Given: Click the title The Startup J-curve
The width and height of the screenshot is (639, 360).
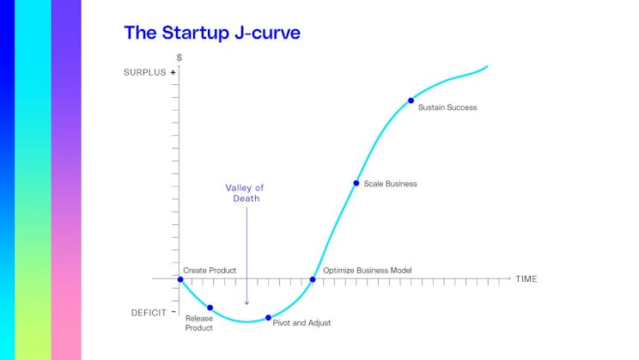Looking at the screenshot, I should click(x=211, y=34).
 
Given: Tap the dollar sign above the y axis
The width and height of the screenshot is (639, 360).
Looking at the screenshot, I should click(x=179, y=58).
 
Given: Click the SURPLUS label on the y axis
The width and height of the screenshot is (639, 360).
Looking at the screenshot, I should click(x=144, y=73).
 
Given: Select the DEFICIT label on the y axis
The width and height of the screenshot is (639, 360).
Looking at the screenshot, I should click(x=148, y=313).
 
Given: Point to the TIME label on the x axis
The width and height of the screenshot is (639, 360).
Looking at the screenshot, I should click(x=526, y=279).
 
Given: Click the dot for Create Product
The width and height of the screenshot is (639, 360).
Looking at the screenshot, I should click(x=180, y=279).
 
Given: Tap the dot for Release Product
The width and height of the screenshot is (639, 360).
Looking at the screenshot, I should click(x=210, y=308).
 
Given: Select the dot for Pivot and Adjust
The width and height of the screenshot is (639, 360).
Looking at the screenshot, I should click(x=268, y=317).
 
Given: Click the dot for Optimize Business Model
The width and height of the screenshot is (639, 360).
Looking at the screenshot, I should click(x=313, y=279).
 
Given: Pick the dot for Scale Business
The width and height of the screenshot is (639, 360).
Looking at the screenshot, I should click(x=356, y=183).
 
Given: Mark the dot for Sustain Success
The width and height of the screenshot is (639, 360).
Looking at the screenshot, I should click(x=411, y=101).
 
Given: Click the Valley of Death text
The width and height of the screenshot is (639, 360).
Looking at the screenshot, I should click(x=246, y=192).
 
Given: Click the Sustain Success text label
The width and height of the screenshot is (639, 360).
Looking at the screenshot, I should click(x=447, y=107).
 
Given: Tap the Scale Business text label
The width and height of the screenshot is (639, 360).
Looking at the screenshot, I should click(x=390, y=184).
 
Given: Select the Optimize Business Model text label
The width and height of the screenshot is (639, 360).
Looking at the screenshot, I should click(x=367, y=270).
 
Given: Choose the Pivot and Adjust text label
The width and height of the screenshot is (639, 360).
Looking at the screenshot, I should click(x=301, y=323).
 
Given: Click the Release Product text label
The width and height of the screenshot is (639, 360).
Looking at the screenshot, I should click(x=198, y=323).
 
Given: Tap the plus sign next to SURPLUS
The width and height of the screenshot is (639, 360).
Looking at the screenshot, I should click(x=173, y=73).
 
